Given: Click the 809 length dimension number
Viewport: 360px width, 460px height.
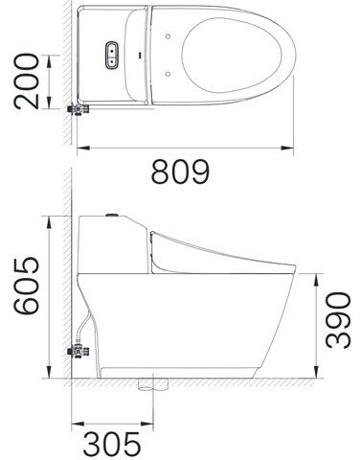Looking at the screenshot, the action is (x=180, y=172).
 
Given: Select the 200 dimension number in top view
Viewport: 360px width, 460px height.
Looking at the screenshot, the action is (x=26, y=81).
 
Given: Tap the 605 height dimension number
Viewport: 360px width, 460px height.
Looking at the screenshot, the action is (x=26, y=286).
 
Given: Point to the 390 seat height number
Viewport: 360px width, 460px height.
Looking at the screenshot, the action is (x=338, y=320).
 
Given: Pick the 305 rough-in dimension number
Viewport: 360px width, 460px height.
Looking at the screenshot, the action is (x=112, y=444).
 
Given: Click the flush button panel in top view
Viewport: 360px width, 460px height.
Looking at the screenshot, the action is (x=112, y=55).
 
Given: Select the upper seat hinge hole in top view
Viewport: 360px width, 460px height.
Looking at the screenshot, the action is (x=168, y=36).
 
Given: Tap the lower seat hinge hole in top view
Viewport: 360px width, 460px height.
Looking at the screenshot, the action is (x=168, y=74).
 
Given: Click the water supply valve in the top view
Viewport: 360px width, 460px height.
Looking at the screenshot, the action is (x=79, y=109).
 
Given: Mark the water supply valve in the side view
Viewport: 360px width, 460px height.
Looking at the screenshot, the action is (x=79, y=352).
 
